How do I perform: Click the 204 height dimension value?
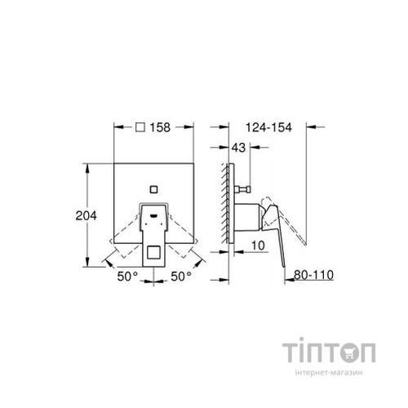[86, 215]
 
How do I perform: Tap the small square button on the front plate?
[153, 191]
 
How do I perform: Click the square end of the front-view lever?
[153, 255]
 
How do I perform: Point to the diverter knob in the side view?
[242, 192]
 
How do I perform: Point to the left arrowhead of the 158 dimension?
[116, 127]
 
